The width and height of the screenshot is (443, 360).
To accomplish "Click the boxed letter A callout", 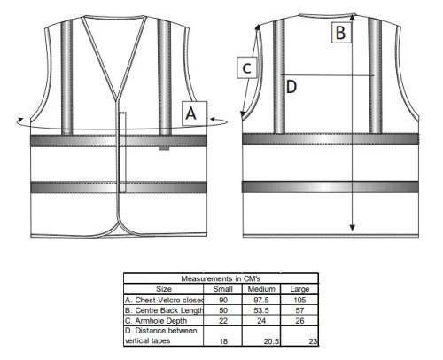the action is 194,113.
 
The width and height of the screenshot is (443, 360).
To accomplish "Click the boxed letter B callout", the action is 341,33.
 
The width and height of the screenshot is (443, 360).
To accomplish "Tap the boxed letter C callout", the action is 247,67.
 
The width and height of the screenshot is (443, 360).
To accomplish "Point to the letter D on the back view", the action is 291,87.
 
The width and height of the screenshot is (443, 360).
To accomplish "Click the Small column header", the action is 223,289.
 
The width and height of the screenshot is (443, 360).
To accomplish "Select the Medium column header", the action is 261,289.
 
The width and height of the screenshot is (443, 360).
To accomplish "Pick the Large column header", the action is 299,289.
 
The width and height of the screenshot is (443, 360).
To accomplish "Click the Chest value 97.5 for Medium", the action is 261,300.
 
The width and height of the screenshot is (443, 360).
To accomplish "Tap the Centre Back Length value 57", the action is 299,310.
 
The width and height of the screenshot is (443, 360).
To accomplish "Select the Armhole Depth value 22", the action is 223,321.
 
